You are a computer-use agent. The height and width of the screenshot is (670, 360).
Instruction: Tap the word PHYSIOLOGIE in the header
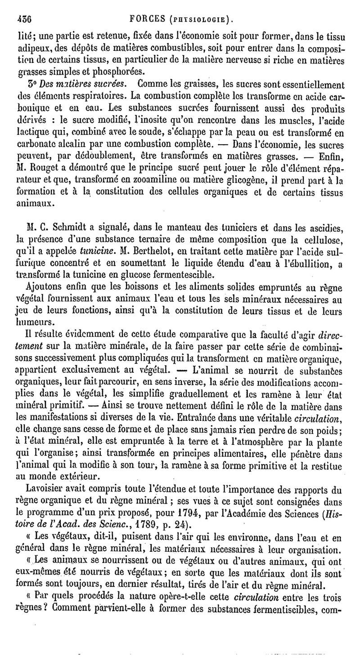[x=202, y=19]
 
